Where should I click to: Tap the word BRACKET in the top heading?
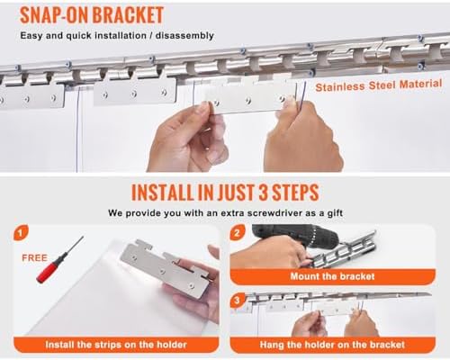(128, 15)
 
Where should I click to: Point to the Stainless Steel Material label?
(379, 85)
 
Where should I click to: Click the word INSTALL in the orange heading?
(163, 193)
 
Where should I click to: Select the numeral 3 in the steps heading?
(263, 193)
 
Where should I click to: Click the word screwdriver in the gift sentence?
(264, 213)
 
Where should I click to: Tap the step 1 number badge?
(21, 232)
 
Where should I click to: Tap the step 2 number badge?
(238, 232)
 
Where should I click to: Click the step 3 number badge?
(238, 301)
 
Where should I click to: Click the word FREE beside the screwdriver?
(34, 258)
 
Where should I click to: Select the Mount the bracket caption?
(332, 276)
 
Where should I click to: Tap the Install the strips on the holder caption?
(116, 345)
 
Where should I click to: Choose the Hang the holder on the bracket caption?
(332, 345)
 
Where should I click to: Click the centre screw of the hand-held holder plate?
(248, 101)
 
